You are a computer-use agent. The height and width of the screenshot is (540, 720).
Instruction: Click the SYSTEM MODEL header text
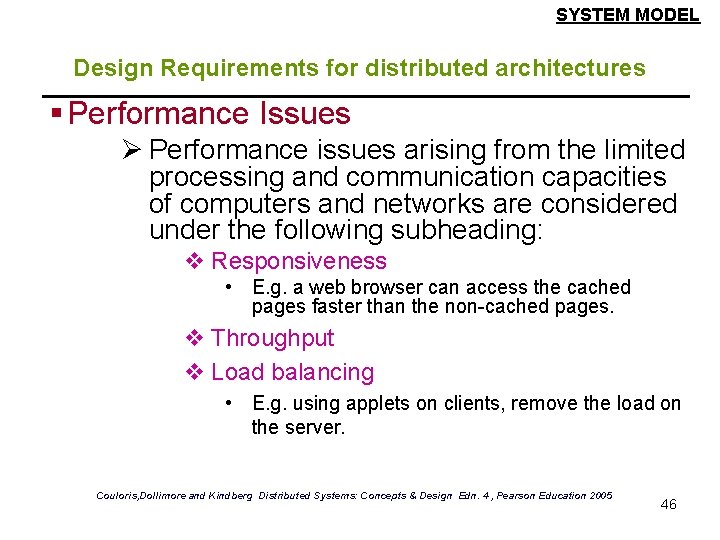click(x=627, y=15)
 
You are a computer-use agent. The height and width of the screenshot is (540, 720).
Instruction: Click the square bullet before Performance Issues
click(x=58, y=114)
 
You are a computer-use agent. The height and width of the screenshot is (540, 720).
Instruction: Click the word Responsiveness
click(x=299, y=262)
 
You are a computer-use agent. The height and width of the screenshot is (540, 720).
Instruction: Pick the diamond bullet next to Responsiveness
click(x=195, y=262)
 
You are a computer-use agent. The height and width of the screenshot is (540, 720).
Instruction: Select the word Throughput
click(x=273, y=339)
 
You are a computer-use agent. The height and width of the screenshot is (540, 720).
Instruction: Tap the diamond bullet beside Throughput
click(x=195, y=339)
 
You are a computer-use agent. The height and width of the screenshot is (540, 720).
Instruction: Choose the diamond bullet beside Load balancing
click(x=195, y=373)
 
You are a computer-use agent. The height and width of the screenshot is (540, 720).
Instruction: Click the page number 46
click(x=669, y=504)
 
